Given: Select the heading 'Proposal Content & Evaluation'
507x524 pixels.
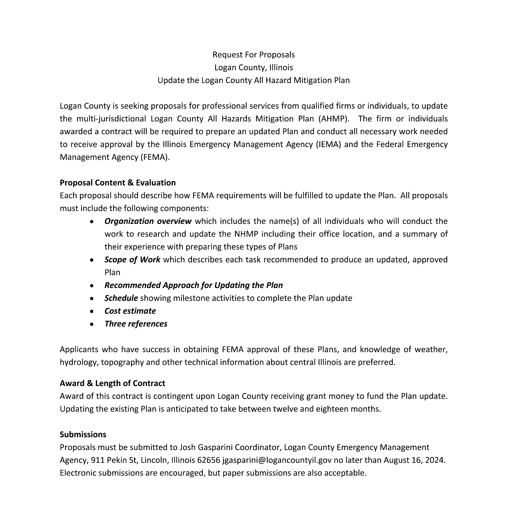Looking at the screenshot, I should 118,183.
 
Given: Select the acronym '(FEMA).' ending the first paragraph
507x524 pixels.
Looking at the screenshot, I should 155,157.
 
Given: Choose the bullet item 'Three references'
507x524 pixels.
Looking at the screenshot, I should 136,324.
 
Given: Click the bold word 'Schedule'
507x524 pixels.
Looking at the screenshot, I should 121,298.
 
